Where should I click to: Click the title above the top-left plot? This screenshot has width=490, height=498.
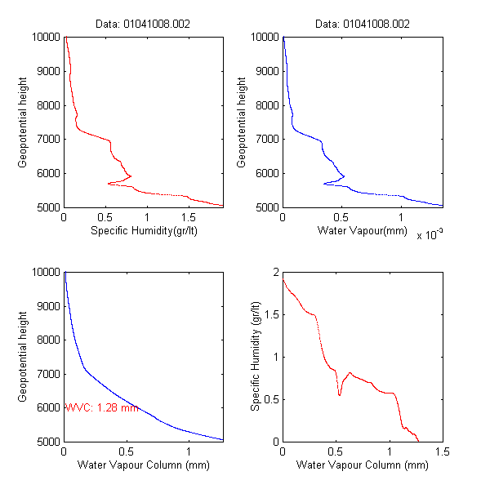(x=143, y=24)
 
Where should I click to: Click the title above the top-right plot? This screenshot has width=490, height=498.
(x=362, y=24)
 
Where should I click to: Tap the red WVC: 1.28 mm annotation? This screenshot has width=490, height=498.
(x=101, y=407)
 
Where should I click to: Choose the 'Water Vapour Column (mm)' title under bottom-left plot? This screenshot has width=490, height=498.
(x=143, y=467)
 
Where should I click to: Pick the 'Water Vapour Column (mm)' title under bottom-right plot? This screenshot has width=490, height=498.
(x=362, y=467)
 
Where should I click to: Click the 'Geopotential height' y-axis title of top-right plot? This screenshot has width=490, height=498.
(x=242, y=122)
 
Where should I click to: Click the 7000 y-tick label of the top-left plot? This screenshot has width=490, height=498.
(x=46, y=140)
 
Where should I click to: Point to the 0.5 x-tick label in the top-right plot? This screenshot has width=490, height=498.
(x=342, y=218)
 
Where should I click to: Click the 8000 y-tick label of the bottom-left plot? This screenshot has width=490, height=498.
(x=46, y=340)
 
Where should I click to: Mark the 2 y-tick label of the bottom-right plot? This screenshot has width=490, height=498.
(x=275, y=272)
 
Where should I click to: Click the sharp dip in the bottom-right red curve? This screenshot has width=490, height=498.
(x=340, y=395)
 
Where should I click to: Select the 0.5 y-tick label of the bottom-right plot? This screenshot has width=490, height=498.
(x=270, y=399)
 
